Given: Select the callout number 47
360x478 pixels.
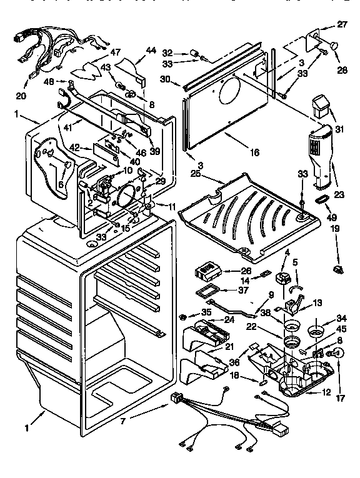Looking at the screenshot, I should (x=115, y=52).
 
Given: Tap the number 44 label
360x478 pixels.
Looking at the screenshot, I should (x=151, y=52).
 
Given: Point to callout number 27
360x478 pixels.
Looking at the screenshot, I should (x=341, y=24).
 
